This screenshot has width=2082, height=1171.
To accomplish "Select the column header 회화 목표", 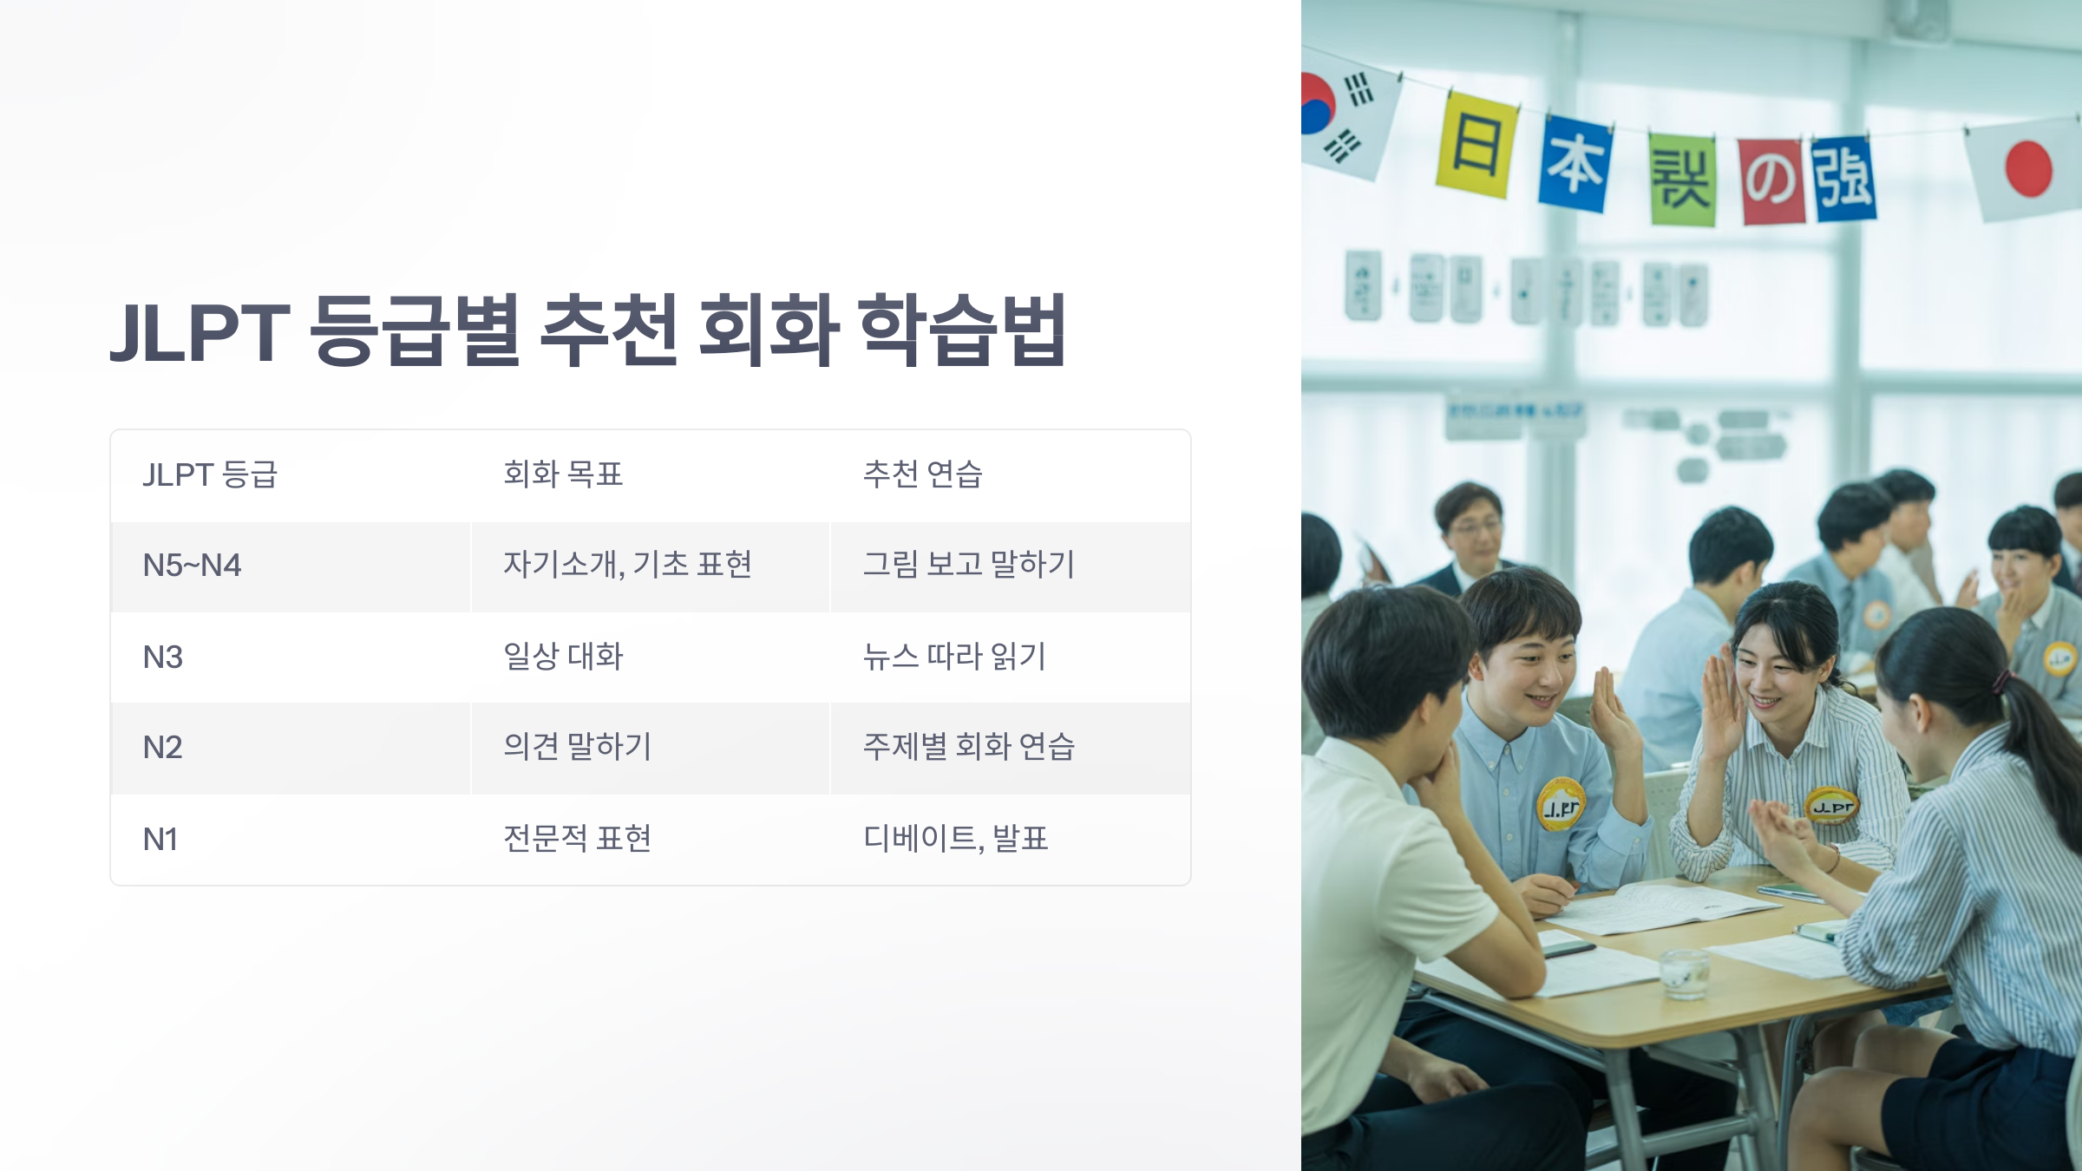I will (563, 474).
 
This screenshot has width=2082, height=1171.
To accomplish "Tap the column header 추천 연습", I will (922, 474).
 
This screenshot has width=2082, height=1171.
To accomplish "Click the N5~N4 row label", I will (192, 566).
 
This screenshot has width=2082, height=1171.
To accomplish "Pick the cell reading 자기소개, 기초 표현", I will (627, 565).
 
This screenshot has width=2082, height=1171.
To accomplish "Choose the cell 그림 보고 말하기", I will (968, 565).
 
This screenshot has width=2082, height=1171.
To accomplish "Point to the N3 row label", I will (163, 657).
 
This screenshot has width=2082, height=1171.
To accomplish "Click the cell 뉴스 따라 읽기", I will (954, 657).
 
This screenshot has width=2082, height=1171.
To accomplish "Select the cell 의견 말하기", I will (577, 747).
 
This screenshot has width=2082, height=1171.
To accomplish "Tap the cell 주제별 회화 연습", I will (968, 747).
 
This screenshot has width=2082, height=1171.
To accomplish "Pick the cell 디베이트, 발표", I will (955, 839).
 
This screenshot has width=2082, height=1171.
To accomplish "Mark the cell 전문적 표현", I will (577, 839).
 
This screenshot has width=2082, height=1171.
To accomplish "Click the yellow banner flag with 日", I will (1476, 145).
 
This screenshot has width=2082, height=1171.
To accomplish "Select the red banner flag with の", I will (1771, 180).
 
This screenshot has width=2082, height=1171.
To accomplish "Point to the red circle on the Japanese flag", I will (2028, 168).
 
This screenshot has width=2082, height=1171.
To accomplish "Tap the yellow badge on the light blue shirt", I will (1561, 804).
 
